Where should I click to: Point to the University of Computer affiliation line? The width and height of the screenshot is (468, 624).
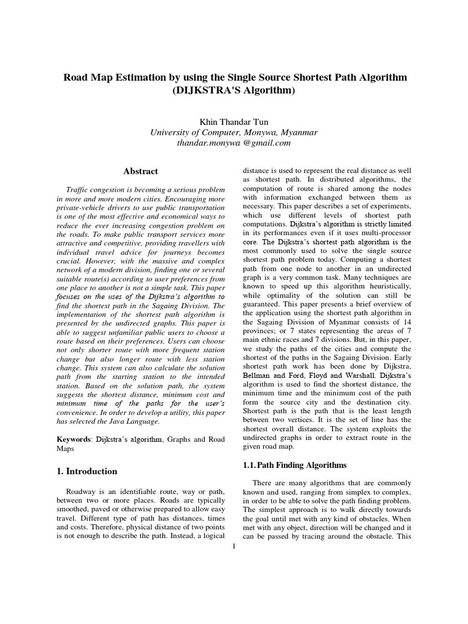(x=234, y=132)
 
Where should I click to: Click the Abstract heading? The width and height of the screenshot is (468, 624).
(x=141, y=172)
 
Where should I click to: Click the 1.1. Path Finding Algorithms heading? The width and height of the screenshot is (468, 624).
(x=294, y=465)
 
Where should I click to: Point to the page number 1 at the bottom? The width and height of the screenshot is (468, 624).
(x=234, y=546)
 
